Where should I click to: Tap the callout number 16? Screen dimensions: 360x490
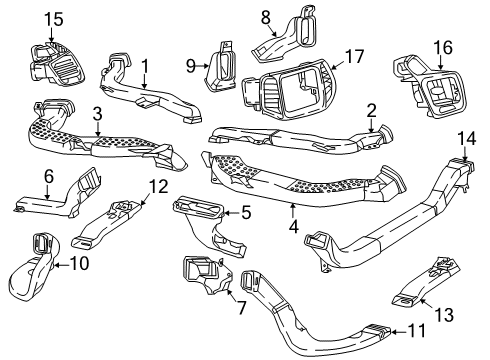442,46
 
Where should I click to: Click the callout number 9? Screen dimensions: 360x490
191,67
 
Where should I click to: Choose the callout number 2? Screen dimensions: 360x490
371,111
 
